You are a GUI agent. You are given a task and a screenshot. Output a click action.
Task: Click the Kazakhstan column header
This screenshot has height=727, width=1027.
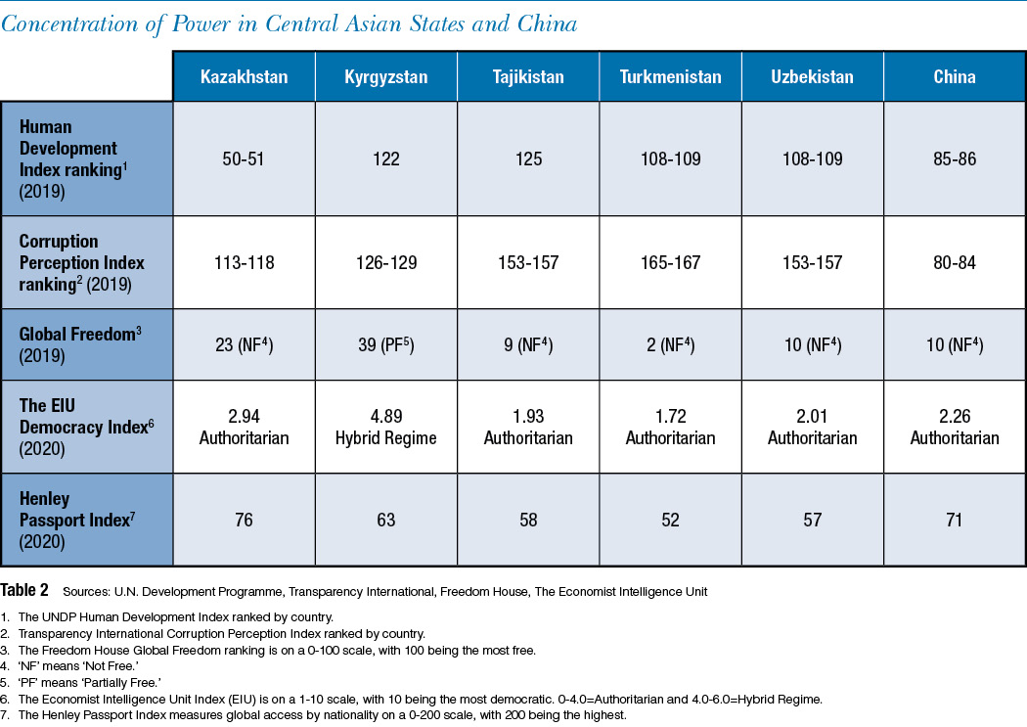pyautogui.click(x=244, y=76)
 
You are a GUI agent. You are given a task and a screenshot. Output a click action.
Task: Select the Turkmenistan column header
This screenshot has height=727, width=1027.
pyautogui.click(x=670, y=76)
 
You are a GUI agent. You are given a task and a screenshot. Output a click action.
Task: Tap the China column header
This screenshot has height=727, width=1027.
pyautogui.click(x=955, y=76)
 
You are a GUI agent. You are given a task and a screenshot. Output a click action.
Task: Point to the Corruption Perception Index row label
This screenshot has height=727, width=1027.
pyautogui.click(x=81, y=262)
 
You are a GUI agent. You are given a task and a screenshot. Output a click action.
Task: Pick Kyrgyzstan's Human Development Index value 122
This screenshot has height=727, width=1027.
pyautogui.click(x=385, y=159)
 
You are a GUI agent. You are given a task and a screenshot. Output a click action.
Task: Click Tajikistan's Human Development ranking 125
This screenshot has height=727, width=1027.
pyautogui.click(x=528, y=159)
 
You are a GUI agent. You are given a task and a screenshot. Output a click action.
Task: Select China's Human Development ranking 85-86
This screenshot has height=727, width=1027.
pyautogui.click(x=955, y=159)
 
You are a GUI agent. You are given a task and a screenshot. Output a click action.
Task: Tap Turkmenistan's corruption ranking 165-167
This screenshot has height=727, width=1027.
pyautogui.click(x=670, y=262)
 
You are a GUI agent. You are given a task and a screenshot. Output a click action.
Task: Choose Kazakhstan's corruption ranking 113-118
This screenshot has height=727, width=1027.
pyautogui.click(x=244, y=262)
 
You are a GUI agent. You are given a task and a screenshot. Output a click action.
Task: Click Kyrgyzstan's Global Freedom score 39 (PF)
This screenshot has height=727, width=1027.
pyautogui.click(x=385, y=344)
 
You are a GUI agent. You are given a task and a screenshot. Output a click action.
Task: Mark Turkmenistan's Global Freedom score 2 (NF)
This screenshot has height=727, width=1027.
pyautogui.click(x=670, y=344)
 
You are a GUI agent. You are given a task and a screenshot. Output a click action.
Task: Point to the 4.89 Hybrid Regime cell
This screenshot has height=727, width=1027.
pyautogui.click(x=385, y=427)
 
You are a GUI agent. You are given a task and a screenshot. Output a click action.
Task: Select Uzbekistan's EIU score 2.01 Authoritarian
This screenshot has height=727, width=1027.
pyautogui.click(x=812, y=427)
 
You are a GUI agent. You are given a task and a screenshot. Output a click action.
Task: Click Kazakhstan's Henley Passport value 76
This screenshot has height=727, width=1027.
pyautogui.click(x=244, y=520)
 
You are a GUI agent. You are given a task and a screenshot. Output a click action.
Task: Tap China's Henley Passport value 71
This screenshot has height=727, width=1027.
pyautogui.click(x=955, y=520)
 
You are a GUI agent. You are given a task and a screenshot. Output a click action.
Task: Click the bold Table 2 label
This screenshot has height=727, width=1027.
pyautogui.click(x=24, y=590)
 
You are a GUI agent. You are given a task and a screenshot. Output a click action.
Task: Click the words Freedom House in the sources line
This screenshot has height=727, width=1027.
pyautogui.click(x=484, y=592)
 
